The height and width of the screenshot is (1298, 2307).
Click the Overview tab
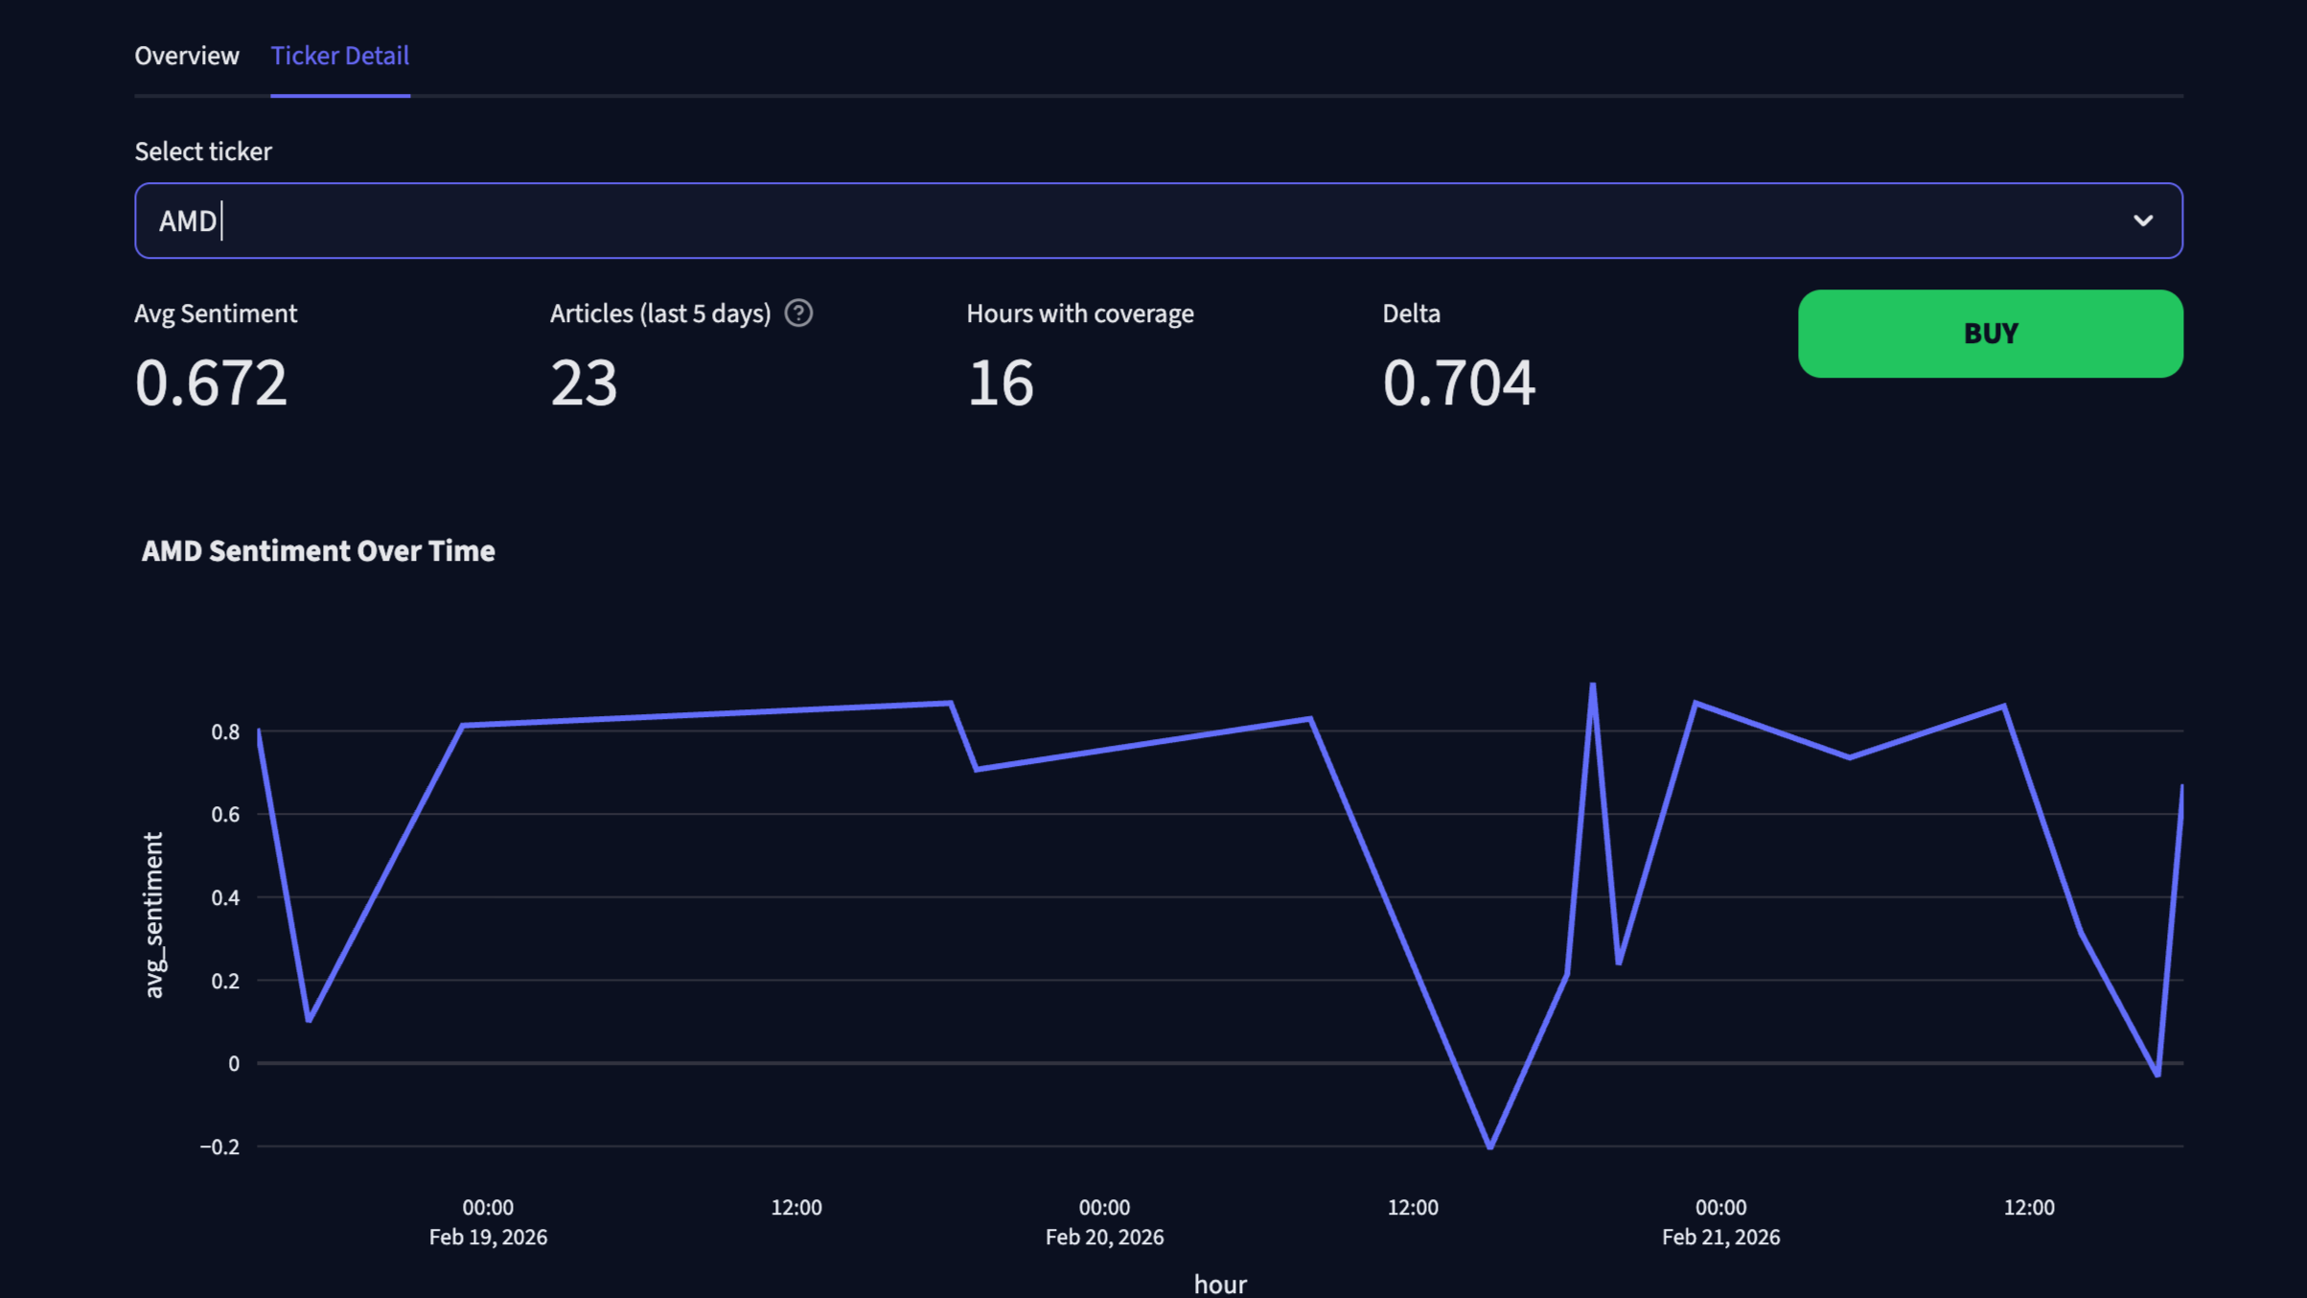pos(186,56)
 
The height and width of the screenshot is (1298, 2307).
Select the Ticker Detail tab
pos(339,56)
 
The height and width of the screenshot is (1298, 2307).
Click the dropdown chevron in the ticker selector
pos(2143,220)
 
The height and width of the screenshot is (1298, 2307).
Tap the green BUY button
pos(1990,334)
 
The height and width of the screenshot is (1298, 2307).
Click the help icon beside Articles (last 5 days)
pos(798,313)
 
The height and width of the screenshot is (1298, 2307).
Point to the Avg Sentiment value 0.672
pos(211,382)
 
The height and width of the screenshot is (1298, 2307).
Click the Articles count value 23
pos(584,382)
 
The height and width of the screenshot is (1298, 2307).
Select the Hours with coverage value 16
pos(1000,382)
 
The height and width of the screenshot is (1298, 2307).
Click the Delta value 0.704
pos(1458,382)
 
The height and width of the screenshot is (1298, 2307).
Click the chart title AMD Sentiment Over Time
pos(318,551)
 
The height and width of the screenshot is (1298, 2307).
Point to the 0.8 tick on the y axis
pos(225,732)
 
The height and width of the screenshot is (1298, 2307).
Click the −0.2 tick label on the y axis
pos(219,1147)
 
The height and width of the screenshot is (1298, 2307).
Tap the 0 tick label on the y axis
pos(234,1064)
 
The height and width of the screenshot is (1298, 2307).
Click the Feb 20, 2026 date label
pos(1104,1238)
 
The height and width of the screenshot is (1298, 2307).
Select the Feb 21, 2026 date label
pos(1720,1238)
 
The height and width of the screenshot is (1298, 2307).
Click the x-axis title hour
pos(1219,1284)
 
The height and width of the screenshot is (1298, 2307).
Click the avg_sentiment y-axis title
pos(153,916)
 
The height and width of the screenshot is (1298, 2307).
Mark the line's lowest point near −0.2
pos(1489,1146)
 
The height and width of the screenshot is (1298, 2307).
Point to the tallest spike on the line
pos(1592,685)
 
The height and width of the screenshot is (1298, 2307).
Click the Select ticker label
pos(203,151)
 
